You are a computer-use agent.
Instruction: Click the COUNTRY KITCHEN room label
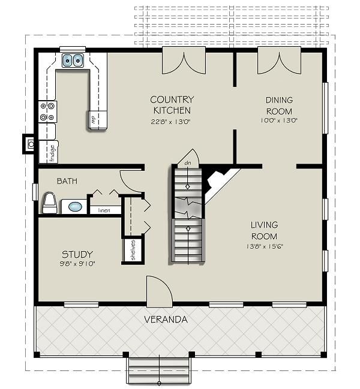click(x=171, y=104)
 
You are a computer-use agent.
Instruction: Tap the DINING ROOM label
click(x=279, y=106)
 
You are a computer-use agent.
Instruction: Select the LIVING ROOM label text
click(x=264, y=230)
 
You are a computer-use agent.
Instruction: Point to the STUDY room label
click(x=77, y=254)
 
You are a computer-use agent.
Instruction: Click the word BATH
click(x=67, y=180)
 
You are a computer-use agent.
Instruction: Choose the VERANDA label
click(x=166, y=319)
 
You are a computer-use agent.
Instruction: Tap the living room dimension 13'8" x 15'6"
click(x=264, y=246)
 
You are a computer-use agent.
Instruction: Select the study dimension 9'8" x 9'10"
click(x=77, y=263)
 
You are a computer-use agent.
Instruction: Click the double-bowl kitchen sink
click(x=73, y=60)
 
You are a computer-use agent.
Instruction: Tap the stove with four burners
click(x=47, y=111)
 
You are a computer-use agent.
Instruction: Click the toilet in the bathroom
click(x=49, y=204)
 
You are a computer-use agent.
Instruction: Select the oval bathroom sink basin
click(x=75, y=207)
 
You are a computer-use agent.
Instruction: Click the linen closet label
click(x=104, y=210)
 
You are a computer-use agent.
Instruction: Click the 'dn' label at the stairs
click(x=188, y=162)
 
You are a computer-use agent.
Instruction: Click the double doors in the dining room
click(x=276, y=63)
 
